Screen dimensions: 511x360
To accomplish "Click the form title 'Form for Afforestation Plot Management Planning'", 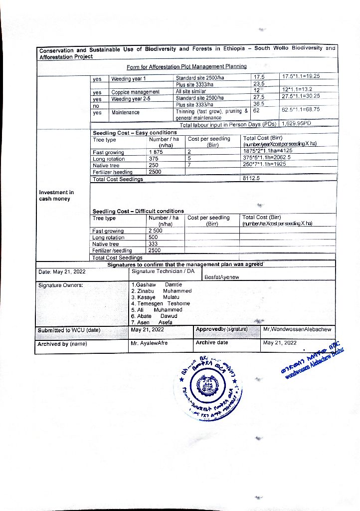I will click(186, 66).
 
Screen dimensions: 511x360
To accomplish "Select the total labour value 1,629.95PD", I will click(296, 123).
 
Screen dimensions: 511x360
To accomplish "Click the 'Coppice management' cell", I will click(135, 92).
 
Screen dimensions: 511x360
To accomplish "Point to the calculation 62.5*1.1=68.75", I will click(301, 109).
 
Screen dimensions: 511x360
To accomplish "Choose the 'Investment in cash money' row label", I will click(56, 196).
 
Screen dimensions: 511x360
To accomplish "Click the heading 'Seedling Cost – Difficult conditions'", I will click(138, 211).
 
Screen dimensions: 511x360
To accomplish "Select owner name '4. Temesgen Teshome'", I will click(161, 303).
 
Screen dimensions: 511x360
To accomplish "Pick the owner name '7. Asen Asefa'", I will click(152, 322).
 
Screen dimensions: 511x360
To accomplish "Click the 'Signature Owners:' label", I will click(60, 285).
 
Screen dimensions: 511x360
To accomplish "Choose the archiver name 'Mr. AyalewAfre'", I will click(149, 343).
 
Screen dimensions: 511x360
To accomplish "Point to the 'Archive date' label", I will click(212, 342).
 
